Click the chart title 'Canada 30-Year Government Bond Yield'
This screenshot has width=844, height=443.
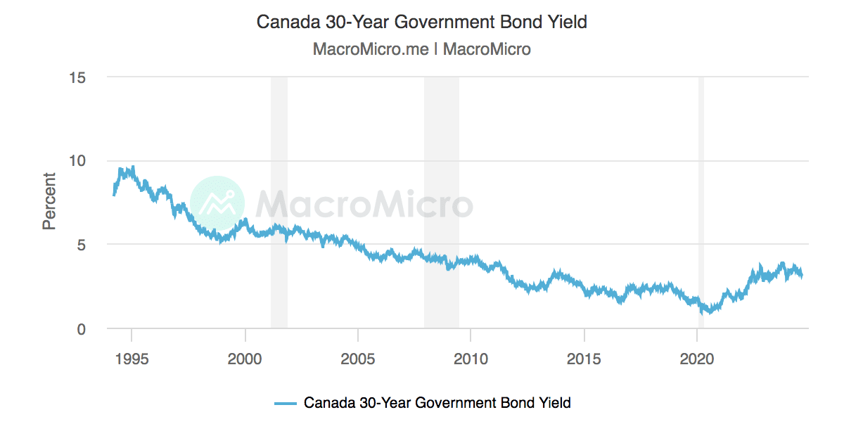coord(421,22)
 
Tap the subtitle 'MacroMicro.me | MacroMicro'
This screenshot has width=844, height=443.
coord(421,49)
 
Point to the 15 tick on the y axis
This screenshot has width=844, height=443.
coord(77,77)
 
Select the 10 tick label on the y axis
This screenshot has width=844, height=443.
coord(77,160)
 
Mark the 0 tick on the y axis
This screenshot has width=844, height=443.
coord(81,328)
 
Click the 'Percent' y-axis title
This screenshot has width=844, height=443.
coord(49,201)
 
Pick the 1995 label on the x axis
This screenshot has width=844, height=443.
coord(132,359)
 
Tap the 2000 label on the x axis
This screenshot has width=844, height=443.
coord(245,359)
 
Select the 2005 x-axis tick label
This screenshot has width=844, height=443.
coord(358,359)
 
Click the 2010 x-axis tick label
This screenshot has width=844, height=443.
coord(471,359)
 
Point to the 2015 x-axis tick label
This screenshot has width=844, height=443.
coord(584,359)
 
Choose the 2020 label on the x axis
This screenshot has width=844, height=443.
coord(696,359)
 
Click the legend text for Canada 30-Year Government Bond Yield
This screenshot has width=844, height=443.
coord(437,403)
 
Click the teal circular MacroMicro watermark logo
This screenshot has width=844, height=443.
coord(217,203)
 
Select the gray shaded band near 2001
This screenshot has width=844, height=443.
coord(279,141)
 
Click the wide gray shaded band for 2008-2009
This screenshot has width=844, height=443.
coord(441,141)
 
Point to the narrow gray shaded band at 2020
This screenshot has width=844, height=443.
coord(701,141)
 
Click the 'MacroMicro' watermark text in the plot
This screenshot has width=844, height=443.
coord(364,204)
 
